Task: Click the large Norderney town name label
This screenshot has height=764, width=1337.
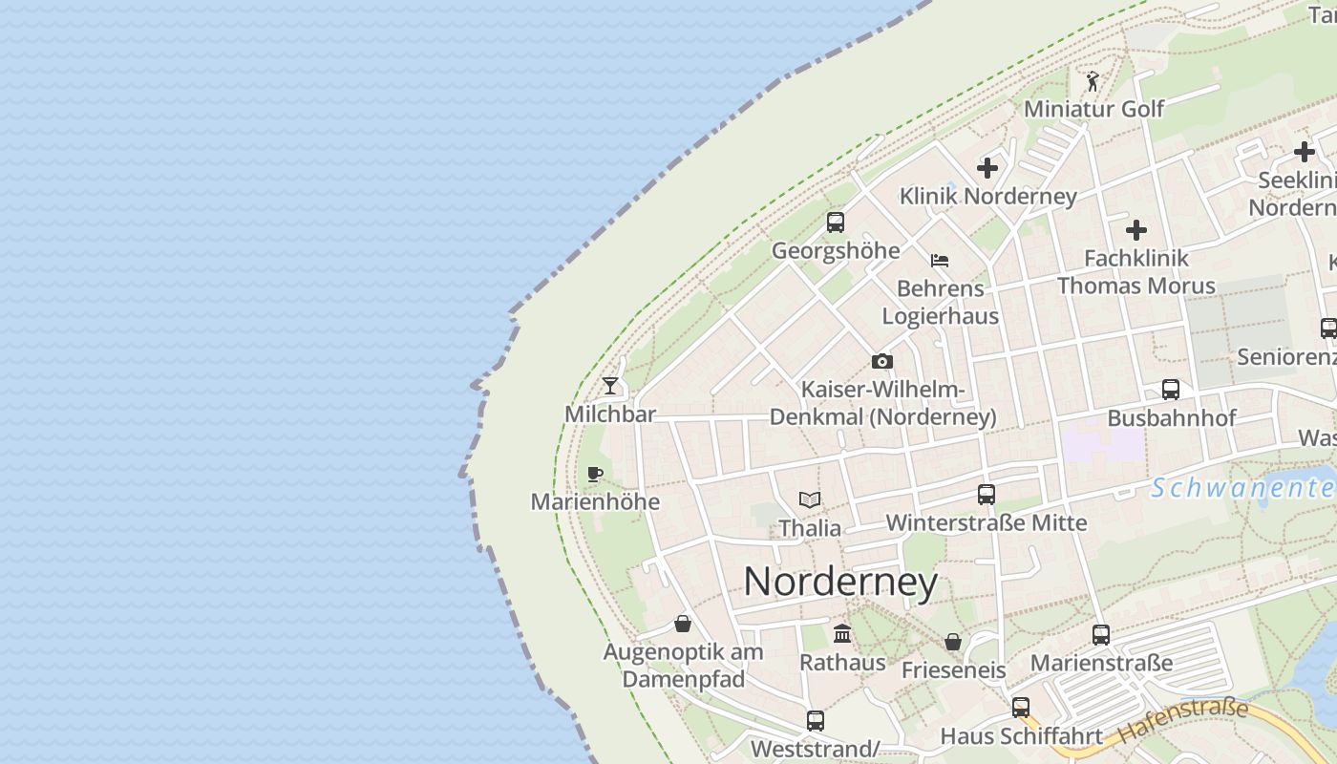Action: (840, 582)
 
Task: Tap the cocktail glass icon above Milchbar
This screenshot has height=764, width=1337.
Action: (610, 386)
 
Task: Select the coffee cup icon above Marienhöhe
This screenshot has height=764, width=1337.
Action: (595, 474)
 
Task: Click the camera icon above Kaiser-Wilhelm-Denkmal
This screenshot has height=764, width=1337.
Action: (882, 362)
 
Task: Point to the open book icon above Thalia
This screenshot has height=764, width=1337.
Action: (810, 499)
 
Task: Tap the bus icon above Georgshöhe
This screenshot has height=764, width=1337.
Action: (836, 223)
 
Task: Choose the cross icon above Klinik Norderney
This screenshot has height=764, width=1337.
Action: (987, 169)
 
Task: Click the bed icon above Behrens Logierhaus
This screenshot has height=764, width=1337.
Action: (940, 260)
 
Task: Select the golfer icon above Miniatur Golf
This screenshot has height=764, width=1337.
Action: (1093, 81)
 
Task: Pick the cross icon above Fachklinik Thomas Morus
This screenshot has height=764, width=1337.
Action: (1136, 230)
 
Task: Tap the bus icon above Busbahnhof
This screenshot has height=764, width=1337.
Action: (1171, 390)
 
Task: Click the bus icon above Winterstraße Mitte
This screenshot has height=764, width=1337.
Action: (987, 495)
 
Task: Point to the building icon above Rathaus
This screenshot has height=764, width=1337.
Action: (842, 633)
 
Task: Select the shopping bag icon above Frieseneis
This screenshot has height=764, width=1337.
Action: (953, 642)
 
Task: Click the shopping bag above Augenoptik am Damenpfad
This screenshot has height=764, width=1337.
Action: (683, 624)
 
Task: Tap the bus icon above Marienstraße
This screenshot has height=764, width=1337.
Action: (1101, 634)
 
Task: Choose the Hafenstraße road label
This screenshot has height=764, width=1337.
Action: (1182, 721)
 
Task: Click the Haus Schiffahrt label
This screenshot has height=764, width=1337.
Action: (1022, 736)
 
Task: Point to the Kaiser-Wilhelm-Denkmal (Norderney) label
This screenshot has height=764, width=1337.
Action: (882, 404)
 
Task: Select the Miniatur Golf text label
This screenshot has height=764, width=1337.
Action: (1093, 109)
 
